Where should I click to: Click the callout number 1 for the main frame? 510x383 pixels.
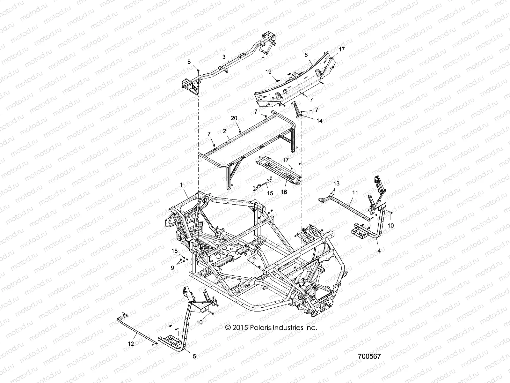(x=181, y=185)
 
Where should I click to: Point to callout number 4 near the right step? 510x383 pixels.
(x=379, y=251)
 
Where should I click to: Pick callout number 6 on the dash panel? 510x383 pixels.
(x=306, y=55)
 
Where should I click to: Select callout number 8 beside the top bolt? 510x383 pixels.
(x=189, y=62)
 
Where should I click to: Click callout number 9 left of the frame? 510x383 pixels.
(x=172, y=268)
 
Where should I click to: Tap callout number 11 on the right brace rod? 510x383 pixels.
(x=355, y=193)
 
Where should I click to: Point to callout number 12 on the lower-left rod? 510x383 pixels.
(x=131, y=344)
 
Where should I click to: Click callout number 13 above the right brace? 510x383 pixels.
(x=337, y=184)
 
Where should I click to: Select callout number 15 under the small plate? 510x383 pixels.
(x=270, y=193)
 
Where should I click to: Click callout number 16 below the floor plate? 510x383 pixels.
(x=284, y=192)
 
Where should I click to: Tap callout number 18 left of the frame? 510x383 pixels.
(x=174, y=251)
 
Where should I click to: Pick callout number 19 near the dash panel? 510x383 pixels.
(x=268, y=72)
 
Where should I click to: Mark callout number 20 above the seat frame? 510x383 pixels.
(x=234, y=118)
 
